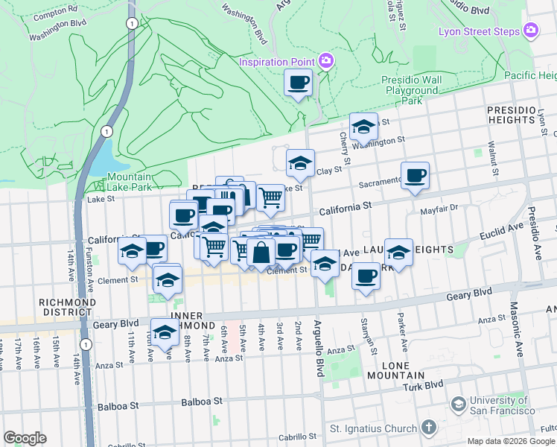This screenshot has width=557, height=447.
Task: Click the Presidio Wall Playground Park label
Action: (x=412, y=90)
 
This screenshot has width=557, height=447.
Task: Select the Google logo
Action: (x=25, y=438)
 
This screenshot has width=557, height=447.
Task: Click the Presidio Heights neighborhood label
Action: (x=511, y=115)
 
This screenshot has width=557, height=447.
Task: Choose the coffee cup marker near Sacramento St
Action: (x=415, y=176)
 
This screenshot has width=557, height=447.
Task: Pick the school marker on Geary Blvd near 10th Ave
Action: (x=165, y=332)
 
